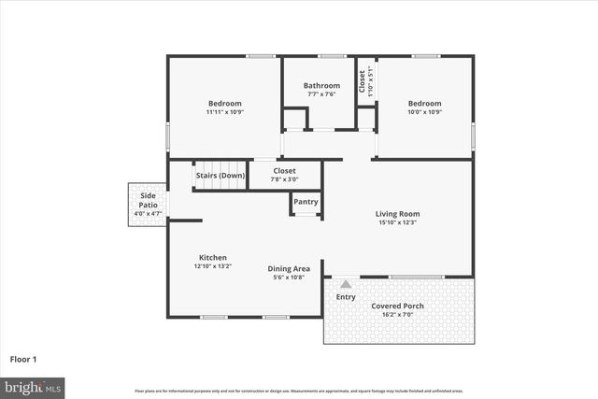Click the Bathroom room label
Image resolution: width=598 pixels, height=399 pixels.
321,85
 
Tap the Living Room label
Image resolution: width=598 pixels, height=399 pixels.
397,213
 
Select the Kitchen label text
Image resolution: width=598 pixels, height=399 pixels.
212,257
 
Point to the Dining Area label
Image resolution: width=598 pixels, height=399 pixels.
289,268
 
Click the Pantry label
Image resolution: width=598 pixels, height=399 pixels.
306,202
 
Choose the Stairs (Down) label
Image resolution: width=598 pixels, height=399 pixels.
221,176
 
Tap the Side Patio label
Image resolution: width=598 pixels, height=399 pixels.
148,200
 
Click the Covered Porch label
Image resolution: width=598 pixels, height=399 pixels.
398,306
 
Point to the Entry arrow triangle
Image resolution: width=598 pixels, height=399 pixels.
346,283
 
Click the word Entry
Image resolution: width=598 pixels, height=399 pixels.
346,297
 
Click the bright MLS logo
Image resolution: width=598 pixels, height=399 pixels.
33,386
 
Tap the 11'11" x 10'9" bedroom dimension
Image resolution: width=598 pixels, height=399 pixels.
224,112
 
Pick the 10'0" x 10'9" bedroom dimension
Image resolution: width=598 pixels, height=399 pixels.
423,112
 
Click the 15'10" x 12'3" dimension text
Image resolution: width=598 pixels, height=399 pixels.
397,222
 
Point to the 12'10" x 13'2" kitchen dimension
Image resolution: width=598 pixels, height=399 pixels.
212,266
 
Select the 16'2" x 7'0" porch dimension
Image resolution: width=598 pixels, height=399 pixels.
398,315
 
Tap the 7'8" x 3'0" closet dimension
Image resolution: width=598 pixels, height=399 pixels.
285,178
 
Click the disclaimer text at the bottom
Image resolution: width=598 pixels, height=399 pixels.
299,390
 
